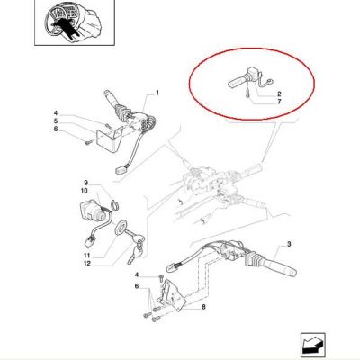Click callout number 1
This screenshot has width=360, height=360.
pos(157,93)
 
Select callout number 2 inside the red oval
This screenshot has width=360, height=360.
pos(279,94)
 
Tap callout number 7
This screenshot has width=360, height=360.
pos(279,102)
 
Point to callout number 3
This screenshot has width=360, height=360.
pos(289,244)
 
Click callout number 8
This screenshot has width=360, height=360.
pos(203,307)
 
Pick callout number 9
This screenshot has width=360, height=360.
pos(85,183)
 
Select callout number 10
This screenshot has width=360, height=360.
pos(84,191)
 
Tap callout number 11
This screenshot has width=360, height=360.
pos(86,256)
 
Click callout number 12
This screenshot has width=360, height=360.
pos(87,264)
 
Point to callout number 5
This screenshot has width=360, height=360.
pos(56,121)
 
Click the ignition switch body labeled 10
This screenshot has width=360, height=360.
pos(93,211)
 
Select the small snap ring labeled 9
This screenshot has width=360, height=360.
pos(115,204)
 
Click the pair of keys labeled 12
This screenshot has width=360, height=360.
pos(135,247)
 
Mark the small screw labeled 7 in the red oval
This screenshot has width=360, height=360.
pos(247,93)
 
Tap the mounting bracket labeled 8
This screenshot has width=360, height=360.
pos(170,295)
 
